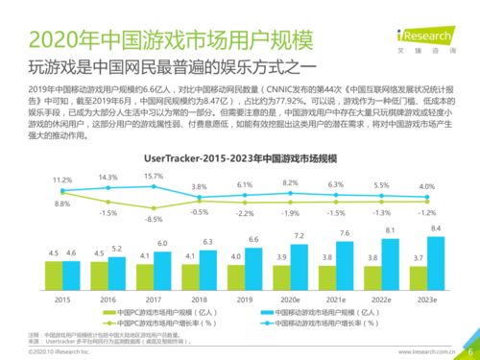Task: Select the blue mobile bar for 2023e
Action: tap(436, 268)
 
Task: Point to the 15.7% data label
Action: tap(154, 176)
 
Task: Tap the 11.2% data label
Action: tap(61, 180)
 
